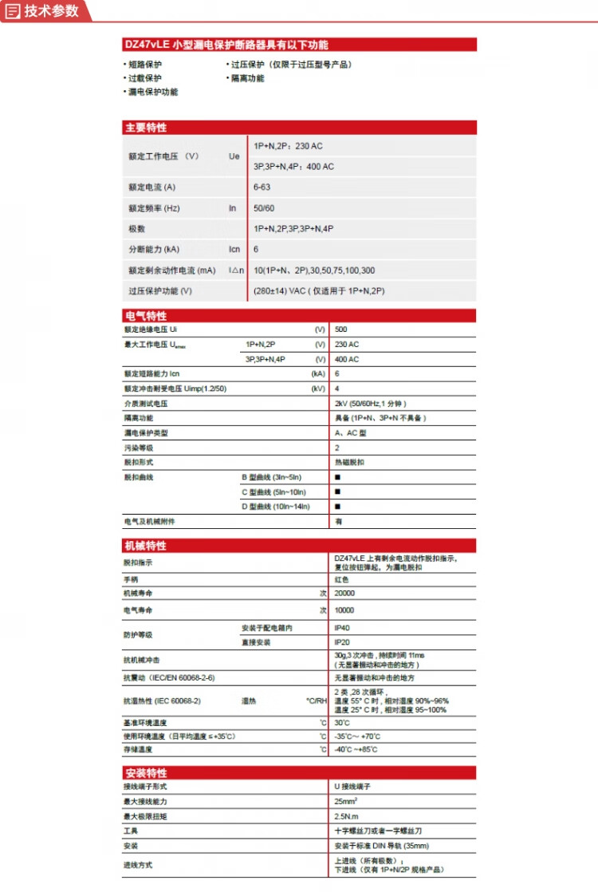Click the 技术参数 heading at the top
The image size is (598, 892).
[x=51, y=10]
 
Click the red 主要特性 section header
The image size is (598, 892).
[x=146, y=128]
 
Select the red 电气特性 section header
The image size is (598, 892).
[x=146, y=316]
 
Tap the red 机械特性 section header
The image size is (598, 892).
[x=146, y=546]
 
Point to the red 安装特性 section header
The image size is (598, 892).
[x=146, y=773]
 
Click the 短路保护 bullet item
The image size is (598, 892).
[x=144, y=65]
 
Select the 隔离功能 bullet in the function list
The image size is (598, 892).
[x=247, y=78]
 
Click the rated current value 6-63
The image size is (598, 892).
[x=263, y=187]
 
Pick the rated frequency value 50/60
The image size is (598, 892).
[x=265, y=208]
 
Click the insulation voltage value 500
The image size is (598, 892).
[x=341, y=330]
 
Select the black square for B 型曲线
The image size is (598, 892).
[x=337, y=477]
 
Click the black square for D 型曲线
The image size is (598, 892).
[x=337, y=507]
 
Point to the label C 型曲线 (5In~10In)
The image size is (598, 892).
[x=273, y=491]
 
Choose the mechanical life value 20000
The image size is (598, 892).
[x=345, y=594]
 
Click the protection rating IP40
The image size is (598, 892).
[x=342, y=628]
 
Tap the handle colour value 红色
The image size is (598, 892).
[x=341, y=579]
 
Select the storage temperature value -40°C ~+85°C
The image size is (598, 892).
[x=356, y=750]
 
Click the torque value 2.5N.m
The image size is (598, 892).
[x=348, y=816]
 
